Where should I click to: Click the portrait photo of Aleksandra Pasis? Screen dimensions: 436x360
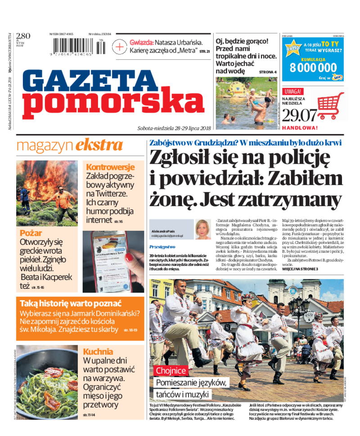coord(203,229)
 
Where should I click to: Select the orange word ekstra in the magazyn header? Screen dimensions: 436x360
coord(99,145)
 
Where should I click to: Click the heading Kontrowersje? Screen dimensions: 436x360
coord(110,167)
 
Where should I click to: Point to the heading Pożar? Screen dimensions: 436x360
coord(31,233)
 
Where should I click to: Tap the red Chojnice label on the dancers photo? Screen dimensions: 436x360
coord(171,371)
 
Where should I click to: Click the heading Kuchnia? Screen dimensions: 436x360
coord(98,351)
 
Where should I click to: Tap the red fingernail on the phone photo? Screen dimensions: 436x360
coord(130,258)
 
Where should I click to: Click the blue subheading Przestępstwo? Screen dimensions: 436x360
coord(162,247)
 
